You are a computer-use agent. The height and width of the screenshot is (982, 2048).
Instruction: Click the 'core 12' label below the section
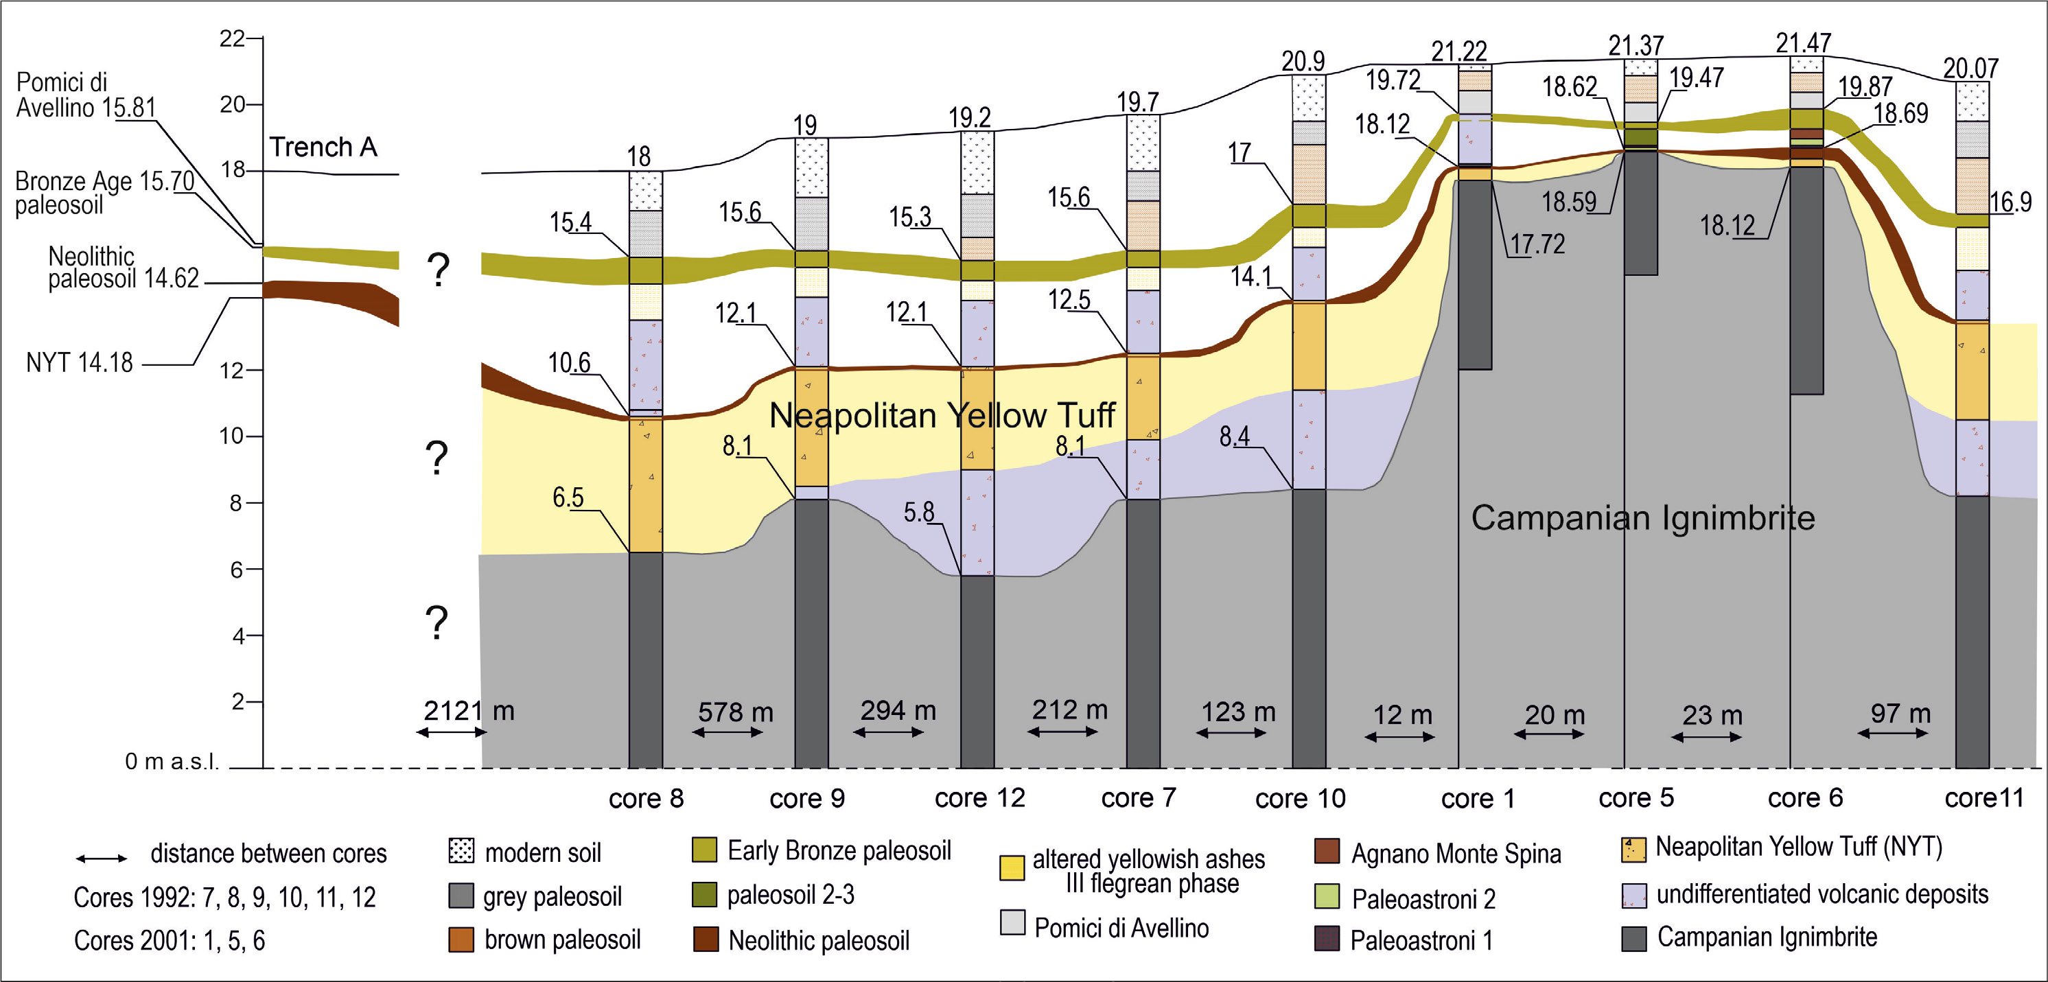979,797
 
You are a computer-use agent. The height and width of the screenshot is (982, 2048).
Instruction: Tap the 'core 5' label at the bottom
1636,797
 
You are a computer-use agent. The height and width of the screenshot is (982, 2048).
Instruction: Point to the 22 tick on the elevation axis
232,38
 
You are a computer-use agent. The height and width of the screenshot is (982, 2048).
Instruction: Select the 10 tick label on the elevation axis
232,436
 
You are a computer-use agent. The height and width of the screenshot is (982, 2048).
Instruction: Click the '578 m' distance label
736,712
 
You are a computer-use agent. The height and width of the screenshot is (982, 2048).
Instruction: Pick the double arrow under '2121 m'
452,732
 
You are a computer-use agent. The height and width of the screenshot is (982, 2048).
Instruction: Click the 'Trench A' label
323,147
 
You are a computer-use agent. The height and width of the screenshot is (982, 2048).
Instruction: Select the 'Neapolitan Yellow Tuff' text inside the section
942,416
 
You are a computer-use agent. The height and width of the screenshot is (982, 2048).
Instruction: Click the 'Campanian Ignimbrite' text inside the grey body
1642,517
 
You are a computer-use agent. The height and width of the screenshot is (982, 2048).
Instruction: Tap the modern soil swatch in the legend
461,851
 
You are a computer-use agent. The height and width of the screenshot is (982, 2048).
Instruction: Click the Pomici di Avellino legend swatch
1012,923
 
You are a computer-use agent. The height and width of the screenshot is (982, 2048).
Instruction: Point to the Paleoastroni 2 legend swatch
1327,896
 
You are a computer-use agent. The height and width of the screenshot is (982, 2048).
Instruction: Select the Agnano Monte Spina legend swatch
1327,851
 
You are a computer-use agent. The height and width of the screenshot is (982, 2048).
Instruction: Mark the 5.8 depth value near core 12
918,512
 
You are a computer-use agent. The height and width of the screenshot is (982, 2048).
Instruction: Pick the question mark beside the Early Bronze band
437,270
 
